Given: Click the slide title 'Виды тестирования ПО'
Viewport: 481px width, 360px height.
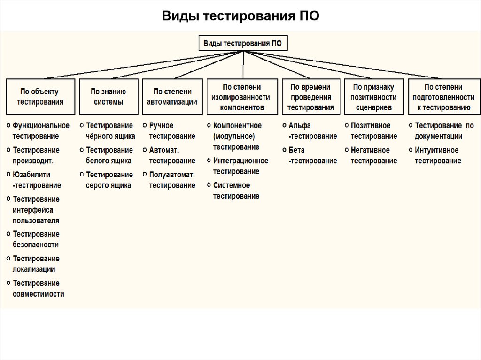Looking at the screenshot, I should coord(240,16).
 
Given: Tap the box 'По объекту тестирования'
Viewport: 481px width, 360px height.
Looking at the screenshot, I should coord(40,97).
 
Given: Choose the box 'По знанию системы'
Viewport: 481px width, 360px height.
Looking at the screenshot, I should coord(109,97).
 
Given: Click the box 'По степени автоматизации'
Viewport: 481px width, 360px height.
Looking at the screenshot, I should coord(172,97).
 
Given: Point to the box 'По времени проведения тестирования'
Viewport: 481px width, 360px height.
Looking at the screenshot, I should coord(310,97).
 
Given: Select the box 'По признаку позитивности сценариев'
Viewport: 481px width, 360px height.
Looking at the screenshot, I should coord(374,97).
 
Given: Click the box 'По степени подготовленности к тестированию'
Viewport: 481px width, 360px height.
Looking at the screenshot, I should coord(443,97).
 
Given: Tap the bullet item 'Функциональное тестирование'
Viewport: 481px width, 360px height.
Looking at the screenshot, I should coord(41,131).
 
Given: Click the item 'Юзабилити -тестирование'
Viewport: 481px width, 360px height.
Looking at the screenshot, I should coord(37,180).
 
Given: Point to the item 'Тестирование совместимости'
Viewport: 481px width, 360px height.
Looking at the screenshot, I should coord(39,289).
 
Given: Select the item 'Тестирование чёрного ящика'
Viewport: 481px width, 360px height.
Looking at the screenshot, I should coord(110,131).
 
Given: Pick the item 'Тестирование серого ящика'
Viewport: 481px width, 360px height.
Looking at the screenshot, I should coord(109,180).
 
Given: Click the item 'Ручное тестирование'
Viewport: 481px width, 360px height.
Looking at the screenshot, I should coord(172,131).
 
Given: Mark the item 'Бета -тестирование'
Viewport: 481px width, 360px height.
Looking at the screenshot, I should coord(312,155).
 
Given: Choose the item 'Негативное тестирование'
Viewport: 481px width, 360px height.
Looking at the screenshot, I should coord(373,155).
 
